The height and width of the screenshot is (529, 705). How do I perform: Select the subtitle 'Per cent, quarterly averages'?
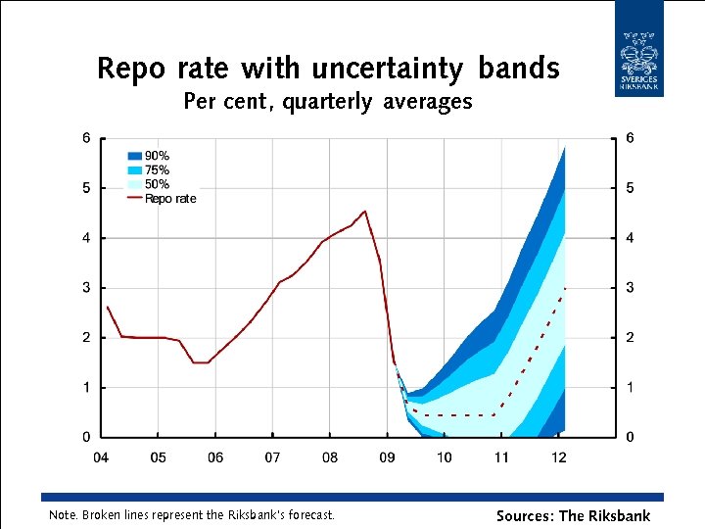[x=327, y=102]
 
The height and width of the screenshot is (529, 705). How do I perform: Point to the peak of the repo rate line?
[x=364, y=211]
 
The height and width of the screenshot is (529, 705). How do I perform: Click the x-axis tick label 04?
[x=101, y=457]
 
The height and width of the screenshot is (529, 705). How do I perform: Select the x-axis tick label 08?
[x=330, y=457]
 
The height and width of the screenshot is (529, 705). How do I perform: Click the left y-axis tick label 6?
[x=86, y=138]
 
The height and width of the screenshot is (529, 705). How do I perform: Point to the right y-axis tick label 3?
[x=630, y=288]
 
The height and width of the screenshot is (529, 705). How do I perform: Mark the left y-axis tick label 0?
[x=86, y=437]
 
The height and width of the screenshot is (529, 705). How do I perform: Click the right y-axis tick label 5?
[x=630, y=188]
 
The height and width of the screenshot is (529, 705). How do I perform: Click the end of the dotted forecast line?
[x=565, y=288]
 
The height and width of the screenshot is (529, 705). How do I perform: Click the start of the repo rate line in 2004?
[x=107, y=307]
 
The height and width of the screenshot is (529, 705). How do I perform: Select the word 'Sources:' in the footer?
[x=525, y=515]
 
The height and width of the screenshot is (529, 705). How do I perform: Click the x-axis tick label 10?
[x=444, y=457]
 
